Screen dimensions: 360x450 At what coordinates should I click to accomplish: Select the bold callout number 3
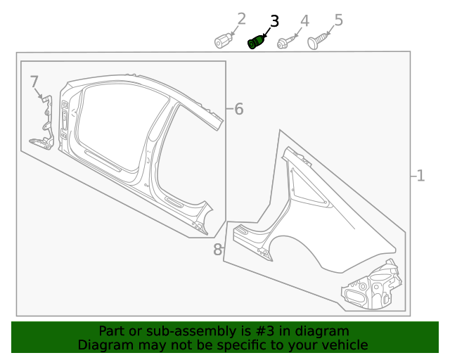point(274,21)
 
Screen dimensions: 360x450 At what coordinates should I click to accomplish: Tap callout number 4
point(304,21)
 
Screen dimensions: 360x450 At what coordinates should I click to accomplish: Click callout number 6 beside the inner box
point(238,109)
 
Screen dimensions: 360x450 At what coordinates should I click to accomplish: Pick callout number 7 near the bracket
point(34,82)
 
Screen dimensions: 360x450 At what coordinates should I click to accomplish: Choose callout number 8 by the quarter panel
point(217,249)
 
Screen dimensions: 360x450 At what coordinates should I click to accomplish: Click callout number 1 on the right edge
point(420,176)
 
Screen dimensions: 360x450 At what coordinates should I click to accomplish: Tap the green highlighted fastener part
point(256,44)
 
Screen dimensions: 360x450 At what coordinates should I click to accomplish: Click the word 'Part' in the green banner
point(112,331)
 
